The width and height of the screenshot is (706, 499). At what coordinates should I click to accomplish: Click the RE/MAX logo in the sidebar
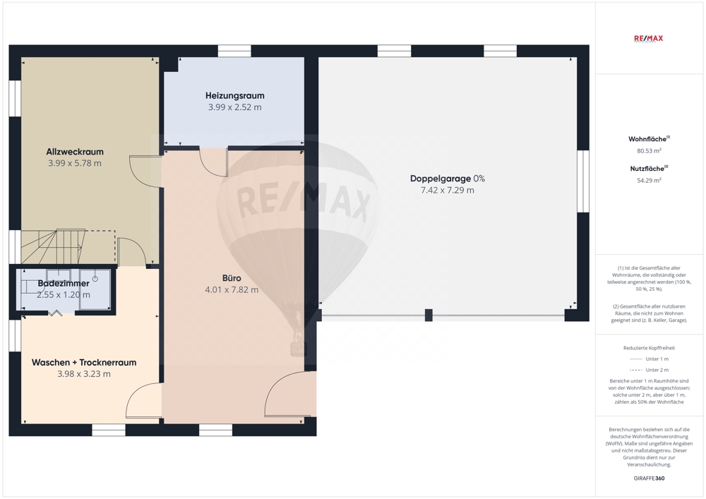coord(648,38)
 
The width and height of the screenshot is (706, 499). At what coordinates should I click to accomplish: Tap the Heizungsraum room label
coord(234,95)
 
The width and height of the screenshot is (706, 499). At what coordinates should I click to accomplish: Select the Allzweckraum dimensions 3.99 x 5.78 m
coord(75,163)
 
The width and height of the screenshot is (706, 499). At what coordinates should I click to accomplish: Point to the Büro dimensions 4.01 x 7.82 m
coord(232,290)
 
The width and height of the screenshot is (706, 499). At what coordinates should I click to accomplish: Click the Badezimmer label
coord(64,284)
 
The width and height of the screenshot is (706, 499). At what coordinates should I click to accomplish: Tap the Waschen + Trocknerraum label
coord(84,362)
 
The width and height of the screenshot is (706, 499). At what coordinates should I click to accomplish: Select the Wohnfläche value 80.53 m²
coord(649,151)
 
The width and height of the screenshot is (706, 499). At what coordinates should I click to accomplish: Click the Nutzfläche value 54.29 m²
coord(649,181)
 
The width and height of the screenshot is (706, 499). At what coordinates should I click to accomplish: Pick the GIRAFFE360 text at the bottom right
coord(649,479)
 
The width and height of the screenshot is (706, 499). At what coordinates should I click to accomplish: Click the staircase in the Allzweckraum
coord(53,246)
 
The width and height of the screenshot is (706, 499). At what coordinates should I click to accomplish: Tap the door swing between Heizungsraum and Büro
coord(213,162)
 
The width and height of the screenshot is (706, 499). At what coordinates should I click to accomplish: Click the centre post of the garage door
coord(429,315)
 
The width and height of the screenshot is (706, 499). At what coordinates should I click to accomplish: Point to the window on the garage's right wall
coord(583,181)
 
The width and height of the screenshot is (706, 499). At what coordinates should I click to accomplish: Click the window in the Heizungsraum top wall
coord(234,51)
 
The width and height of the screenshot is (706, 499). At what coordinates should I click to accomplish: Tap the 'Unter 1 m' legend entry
coord(649,359)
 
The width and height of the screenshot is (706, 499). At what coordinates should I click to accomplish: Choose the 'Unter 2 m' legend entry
coord(649,370)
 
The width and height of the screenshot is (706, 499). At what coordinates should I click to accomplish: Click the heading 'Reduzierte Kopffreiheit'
coord(649,348)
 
